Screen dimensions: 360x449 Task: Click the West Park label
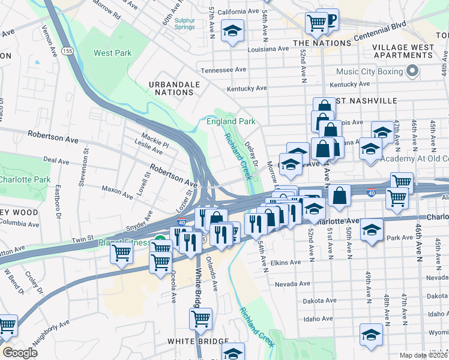[112, 53]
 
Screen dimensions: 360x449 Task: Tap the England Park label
[231, 121]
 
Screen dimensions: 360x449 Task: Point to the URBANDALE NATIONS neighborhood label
[174, 88]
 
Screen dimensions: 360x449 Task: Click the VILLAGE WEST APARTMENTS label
[403, 51]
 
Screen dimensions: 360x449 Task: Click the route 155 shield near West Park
[67, 52]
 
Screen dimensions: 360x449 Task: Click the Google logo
[20, 352]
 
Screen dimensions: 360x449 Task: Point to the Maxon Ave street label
[117, 189]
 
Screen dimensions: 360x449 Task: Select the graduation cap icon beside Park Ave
[372, 230]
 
